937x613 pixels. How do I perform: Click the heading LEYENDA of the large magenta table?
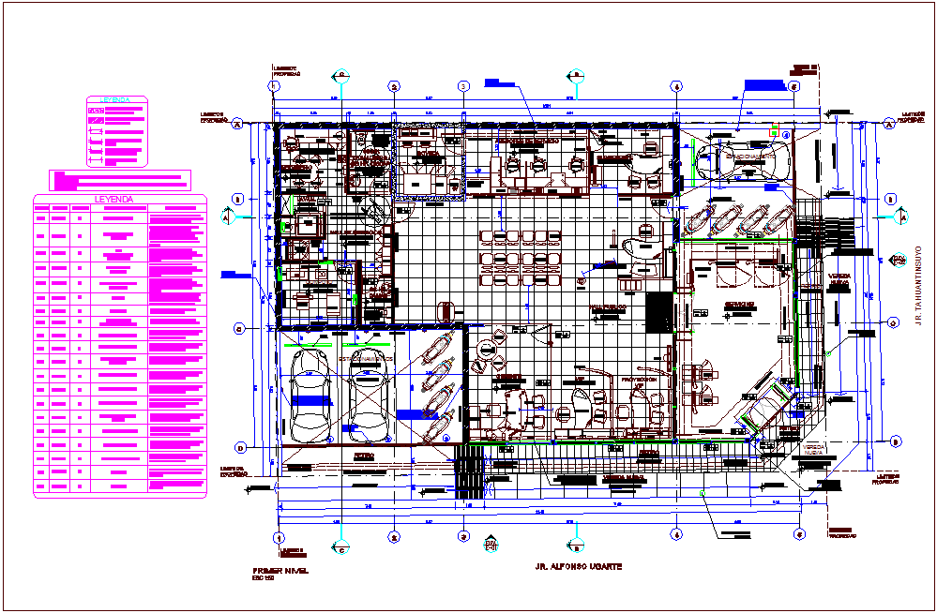pos(119,200)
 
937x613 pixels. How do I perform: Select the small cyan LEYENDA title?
pos(117,99)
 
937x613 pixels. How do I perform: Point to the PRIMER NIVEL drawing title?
pos(280,570)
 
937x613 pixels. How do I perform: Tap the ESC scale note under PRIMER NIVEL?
pos(263,578)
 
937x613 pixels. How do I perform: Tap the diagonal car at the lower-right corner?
pos(767,409)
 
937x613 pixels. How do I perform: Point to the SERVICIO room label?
pos(738,306)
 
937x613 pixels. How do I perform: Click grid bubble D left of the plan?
pos(239,446)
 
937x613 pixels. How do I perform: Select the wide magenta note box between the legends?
pos(120,178)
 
